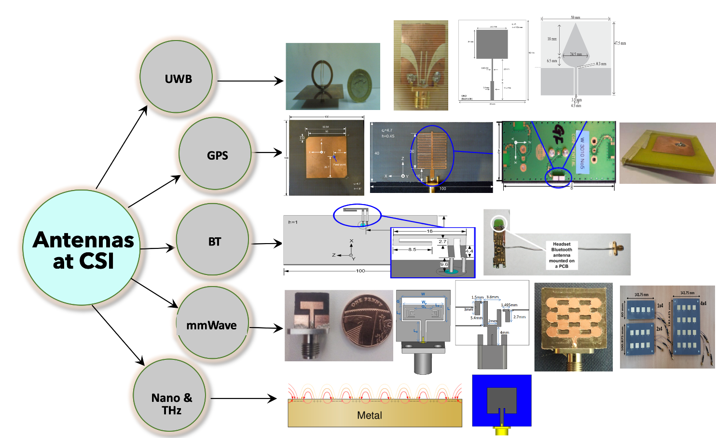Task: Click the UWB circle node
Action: [176, 77]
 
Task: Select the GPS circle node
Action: [215, 153]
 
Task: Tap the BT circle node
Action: [213, 240]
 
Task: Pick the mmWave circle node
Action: [212, 323]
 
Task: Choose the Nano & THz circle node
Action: [170, 396]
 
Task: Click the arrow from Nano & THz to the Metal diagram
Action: [244, 398]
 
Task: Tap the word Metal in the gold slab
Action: [370, 415]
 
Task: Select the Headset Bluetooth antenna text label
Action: [562, 255]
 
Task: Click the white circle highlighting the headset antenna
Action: [500, 223]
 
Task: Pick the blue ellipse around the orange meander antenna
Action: [432, 155]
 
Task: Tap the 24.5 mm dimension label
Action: [576, 55]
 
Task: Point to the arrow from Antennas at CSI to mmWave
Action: [154, 293]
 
